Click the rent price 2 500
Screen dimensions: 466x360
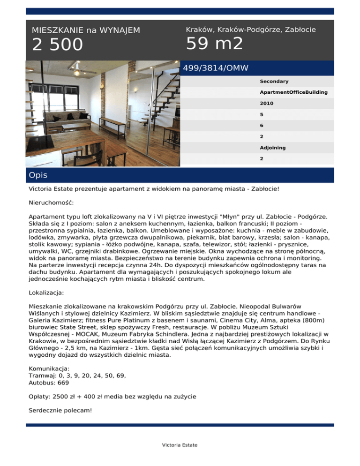point(57,45)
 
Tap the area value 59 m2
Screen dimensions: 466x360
point(215,44)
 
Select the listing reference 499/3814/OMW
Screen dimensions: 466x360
point(216,68)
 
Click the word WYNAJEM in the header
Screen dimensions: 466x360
point(119,30)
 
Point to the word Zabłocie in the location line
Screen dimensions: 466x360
point(300,30)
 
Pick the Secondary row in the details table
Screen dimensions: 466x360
point(274,82)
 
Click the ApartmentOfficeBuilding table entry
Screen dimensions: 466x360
point(293,92)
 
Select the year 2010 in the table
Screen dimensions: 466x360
point(267,103)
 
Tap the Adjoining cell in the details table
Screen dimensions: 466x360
point(273,148)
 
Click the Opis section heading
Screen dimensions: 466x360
point(38,175)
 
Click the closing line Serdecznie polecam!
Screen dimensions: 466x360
point(60,410)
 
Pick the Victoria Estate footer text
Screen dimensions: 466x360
point(180,445)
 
